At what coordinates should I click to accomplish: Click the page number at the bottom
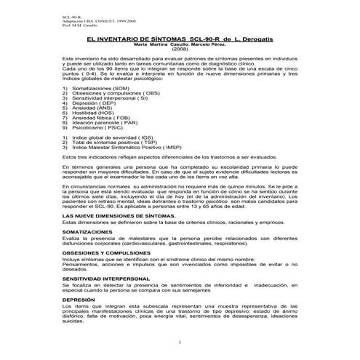(179, 342)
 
